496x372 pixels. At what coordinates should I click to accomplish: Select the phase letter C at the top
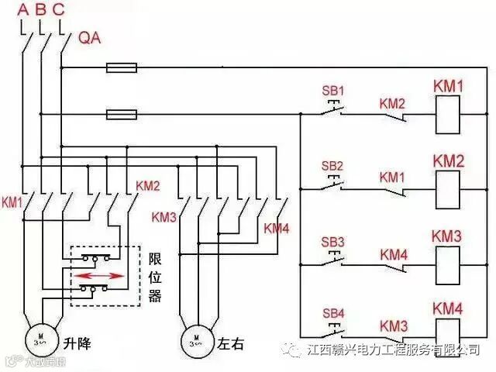pyautogui.click(x=60, y=10)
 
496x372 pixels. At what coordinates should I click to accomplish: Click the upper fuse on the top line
pyautogui.click(x=122, y=68)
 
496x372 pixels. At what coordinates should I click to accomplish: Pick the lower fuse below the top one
pyautogui.click(x=122, y=115)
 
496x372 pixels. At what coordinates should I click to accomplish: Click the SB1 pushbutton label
pyautogui.click(x=332, y=90)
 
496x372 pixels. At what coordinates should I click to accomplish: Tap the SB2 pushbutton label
pyautogui.click(x=332, y=166)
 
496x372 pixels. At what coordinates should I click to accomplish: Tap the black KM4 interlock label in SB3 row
pyautogui.click(x=393, y=254)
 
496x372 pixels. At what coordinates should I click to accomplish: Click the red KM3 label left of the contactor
pyautogui.click(x=164, y=216)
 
